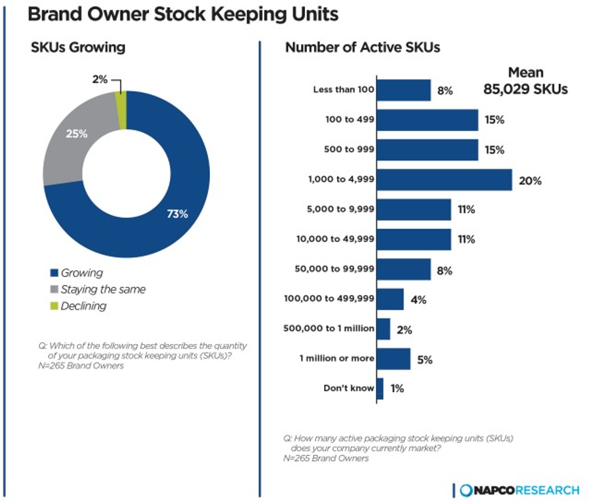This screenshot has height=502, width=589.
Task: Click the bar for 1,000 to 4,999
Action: coord(444,180)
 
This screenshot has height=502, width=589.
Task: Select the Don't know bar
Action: coord(380,389)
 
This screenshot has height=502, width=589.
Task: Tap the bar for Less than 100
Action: coord(403,90)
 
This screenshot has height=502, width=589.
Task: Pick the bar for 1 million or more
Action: coord(394,358)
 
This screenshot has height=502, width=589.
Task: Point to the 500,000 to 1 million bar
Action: coord(383,329)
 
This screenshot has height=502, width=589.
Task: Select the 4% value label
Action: coord(418,299)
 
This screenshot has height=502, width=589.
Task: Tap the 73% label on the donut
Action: coord(177,214)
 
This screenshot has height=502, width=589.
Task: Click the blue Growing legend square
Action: coord(54,273)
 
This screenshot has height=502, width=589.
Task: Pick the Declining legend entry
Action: coord(83,305)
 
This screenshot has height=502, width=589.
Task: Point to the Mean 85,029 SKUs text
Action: coord(525,81)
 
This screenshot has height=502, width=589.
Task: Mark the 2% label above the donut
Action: coord(100,80)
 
